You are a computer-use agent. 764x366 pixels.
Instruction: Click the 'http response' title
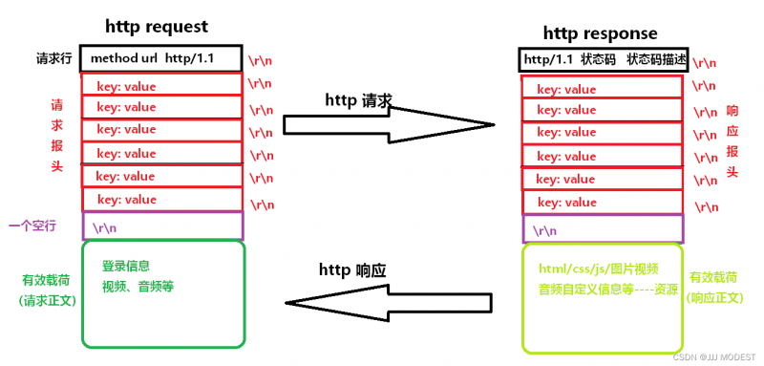click(x=601, y=34)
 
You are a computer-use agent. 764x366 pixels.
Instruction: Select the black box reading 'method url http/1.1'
click(x=161, y=58)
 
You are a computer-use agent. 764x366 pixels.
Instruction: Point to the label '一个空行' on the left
click(x=32, y=226)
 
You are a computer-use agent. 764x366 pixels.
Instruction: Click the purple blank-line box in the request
click(x=162, y=226)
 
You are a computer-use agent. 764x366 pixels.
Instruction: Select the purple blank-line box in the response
click(x=603, y=229)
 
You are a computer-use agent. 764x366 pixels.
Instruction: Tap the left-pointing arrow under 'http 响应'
click(x=392, y=304)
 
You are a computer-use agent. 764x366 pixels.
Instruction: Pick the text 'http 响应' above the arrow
click(x=351, y=270)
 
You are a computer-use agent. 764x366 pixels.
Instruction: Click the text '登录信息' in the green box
click(x=126, y=266)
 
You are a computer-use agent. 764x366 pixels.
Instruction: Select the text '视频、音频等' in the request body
click(x=138, y=286)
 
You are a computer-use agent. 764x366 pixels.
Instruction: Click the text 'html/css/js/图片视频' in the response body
click(x=598, y=269)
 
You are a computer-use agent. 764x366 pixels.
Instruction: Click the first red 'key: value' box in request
click(x=162, y=86)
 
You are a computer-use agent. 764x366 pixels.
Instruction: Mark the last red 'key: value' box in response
click(x=603, y=203)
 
